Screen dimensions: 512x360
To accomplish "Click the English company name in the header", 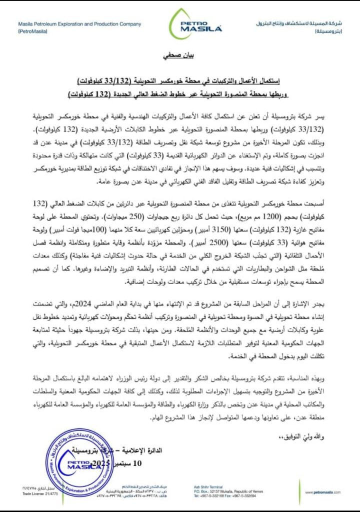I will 79,24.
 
